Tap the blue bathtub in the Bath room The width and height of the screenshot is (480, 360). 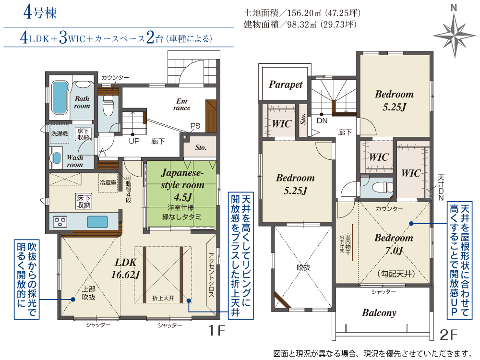pyautogui.click(x=60, y=97)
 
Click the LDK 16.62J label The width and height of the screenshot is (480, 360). pyautogui.click(x=125, y=268)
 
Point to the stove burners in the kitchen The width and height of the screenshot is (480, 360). pyautogui.click(x=60, y=222)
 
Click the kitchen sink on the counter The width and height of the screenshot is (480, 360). pyautogui.click(x=97, y=222)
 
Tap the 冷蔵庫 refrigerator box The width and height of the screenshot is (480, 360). pyautogui.click(x=108, y=183)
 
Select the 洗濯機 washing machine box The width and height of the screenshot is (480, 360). pyautogui.click(x=60, y=134)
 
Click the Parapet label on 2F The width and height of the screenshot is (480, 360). pyautogui.click(x=286, y=85)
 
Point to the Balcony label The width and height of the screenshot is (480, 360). pyautogui.click(x=379, y=313)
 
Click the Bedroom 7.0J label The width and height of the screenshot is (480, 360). pyautogui.click(x=394, y=244)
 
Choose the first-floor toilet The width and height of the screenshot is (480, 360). pyautogui.click(x=108, y=104)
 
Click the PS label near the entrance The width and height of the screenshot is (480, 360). pyautogui.click(x=195, y=126)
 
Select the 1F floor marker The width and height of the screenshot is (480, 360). pyautogui.click(x=216, y=331)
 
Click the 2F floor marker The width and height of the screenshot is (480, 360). pyautogui.click(x=448, y=335)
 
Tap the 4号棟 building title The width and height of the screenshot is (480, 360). pyautogui.click(x=40, y=13)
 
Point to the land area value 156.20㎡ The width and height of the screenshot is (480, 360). pyautogui.click(x=304, y=13)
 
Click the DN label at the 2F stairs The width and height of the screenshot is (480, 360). pyautogui.click(x=322, y=120)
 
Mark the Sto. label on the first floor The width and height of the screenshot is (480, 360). pyautogui.click(x=201, y=147)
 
